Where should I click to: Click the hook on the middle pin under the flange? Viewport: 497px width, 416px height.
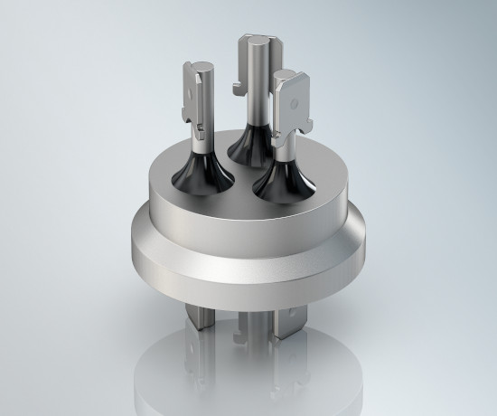[237, 337]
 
